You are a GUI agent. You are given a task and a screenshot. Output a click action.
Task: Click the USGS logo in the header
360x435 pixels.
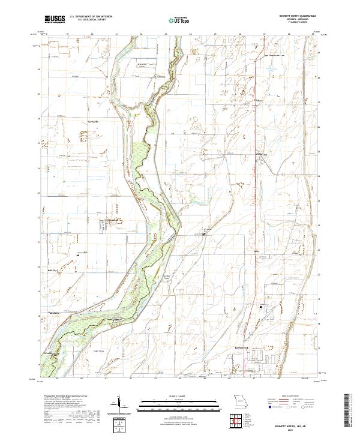click(x=55, y=19)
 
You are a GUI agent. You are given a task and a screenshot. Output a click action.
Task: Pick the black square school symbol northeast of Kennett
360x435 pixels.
click(x=260, y=307)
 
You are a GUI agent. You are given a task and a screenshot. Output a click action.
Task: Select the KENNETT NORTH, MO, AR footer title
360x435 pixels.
click(x=294, y=427)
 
